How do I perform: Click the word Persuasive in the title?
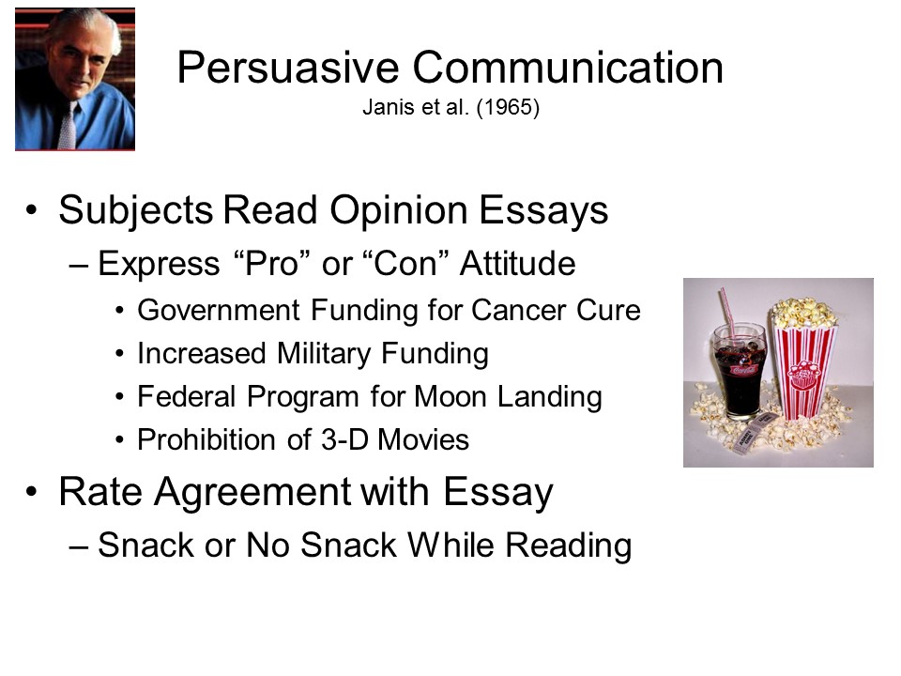[288, 68]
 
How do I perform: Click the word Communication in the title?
[568, 68]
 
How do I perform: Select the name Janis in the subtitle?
[383, 107]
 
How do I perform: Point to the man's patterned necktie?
[68, 125]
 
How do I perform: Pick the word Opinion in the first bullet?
[398, 210]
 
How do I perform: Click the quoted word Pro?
[274, 264]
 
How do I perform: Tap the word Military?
[324, 354]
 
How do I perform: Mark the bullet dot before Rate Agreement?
[31, 493]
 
